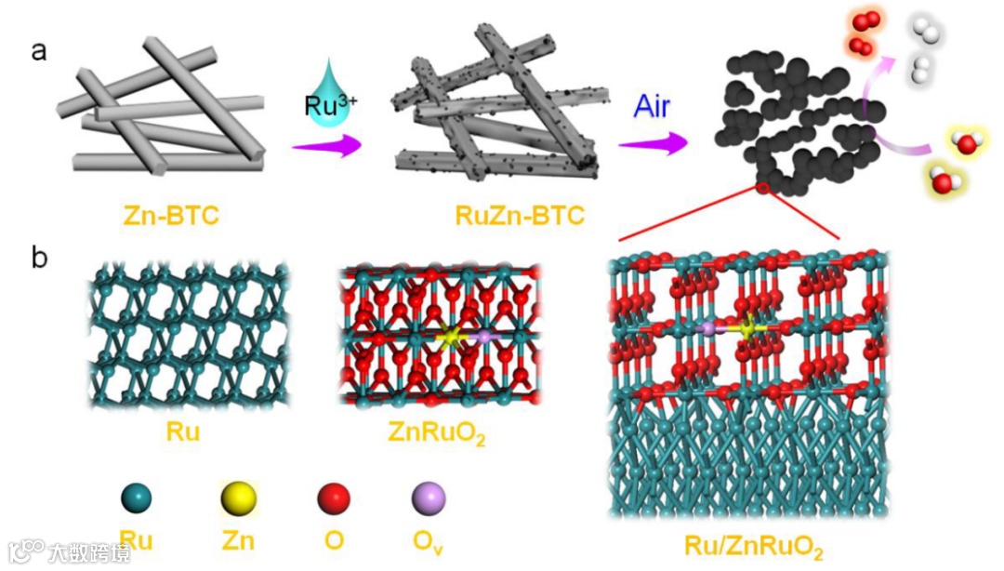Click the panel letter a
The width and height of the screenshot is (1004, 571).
coord(38,51)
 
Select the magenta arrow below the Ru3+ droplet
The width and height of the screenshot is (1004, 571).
coord(324,146)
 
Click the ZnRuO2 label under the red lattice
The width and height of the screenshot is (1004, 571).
coord(437,433)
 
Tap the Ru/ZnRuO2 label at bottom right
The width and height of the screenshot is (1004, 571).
coord(754,546)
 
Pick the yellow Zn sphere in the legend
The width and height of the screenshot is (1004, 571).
coord(237,499)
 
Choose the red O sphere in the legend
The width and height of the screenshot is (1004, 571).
coord(333,499)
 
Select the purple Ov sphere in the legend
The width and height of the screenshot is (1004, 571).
coord(429,499)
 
